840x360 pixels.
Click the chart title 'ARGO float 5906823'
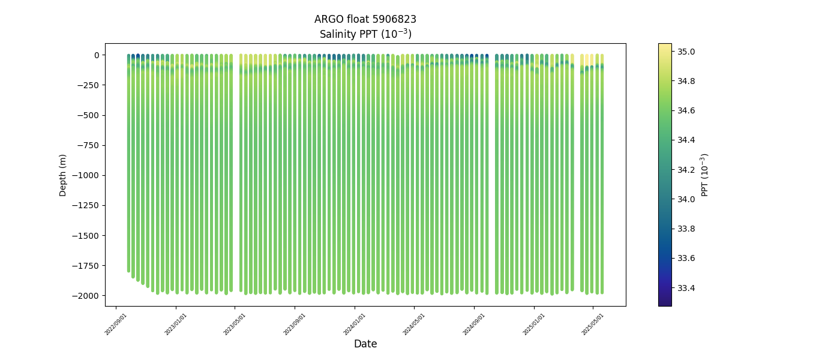tap(365, 19)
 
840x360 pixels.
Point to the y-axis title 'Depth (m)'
tap(63, 175)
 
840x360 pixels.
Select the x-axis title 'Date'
tap(365, 344)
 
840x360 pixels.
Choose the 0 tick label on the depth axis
tap(96, 55)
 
